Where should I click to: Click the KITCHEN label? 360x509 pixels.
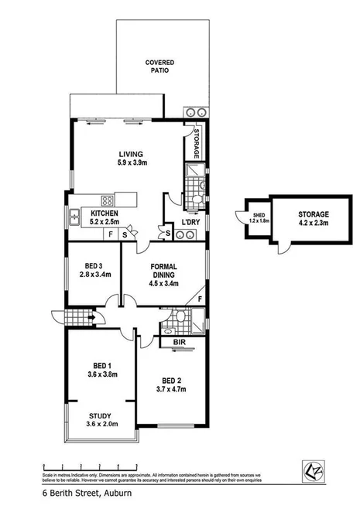[105, 213]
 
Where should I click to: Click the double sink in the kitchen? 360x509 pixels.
[74, 217]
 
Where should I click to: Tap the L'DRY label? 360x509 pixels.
[190, 223]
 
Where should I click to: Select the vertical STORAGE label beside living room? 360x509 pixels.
[197, 144]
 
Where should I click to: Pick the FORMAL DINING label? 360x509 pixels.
[161, 268]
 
